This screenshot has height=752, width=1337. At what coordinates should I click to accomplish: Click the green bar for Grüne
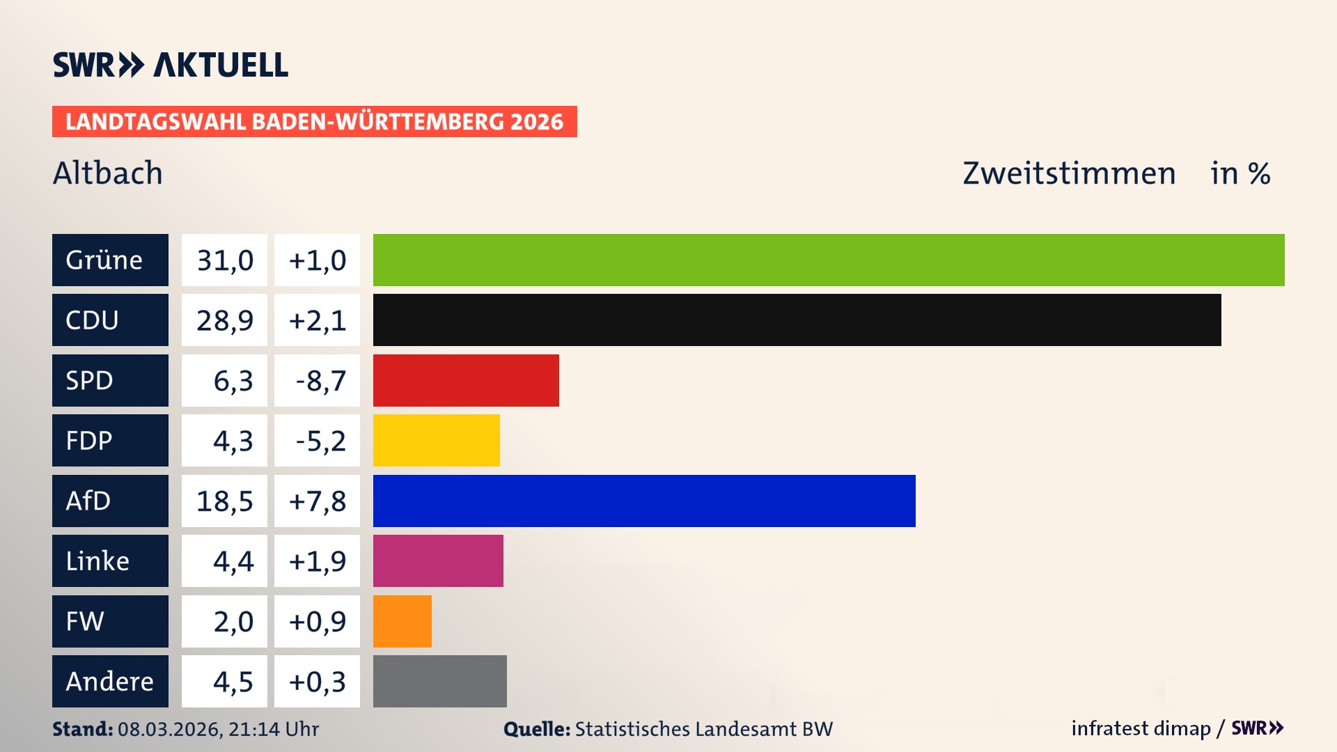click(829, 260)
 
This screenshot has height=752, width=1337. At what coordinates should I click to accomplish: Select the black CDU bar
click(797, 320)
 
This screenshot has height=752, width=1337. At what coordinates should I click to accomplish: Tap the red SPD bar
click(466, 380)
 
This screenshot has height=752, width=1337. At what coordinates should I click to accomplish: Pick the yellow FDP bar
click(436, 440)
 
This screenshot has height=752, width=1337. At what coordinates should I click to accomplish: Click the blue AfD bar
click(644, 501)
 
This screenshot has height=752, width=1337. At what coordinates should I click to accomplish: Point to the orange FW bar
click(402, 621)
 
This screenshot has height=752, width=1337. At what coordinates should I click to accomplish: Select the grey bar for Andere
click(439, 681)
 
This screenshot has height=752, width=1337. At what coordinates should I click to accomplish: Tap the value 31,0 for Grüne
click(224, 260)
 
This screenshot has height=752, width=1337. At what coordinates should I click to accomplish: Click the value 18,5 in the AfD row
click(224, 501)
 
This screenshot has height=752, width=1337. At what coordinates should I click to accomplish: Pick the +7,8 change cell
click(318, 501)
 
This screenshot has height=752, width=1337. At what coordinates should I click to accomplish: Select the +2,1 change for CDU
click(318, 320)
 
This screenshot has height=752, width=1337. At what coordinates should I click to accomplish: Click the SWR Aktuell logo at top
click(170, 65)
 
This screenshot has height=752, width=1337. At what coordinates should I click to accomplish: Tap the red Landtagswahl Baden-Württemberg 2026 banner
click(314, 121)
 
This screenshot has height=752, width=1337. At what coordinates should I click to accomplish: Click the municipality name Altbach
click(108, 173)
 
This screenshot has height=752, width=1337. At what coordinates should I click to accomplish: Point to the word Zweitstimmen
click(1069, 173)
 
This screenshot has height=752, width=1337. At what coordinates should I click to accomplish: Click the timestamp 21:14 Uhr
click(273, 729)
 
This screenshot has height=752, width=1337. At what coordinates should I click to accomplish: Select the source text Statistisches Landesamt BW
click(703, 729)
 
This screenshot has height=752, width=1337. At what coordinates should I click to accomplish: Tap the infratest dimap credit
click(1141, 728)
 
